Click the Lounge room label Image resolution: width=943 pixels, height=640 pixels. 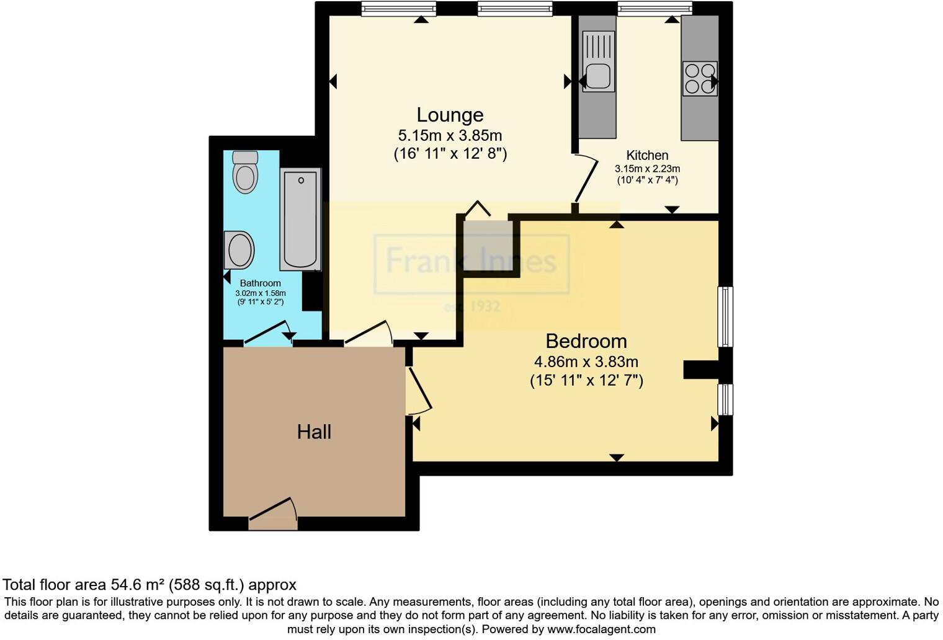(450, 115)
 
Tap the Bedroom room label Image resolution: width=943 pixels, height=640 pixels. (586, 341)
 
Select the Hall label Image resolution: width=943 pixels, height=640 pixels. (314, 432)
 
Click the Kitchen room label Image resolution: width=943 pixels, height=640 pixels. (647, 155)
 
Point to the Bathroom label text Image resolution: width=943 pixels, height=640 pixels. (260, 283)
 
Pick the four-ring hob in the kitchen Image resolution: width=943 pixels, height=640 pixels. (699, 79)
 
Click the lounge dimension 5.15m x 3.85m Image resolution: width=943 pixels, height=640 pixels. (450, 135)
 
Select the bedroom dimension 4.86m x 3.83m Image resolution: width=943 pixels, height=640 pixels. (586, 362)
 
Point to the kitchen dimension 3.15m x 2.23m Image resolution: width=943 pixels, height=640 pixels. (647, 169)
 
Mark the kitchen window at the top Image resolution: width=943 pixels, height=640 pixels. (654, 8)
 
